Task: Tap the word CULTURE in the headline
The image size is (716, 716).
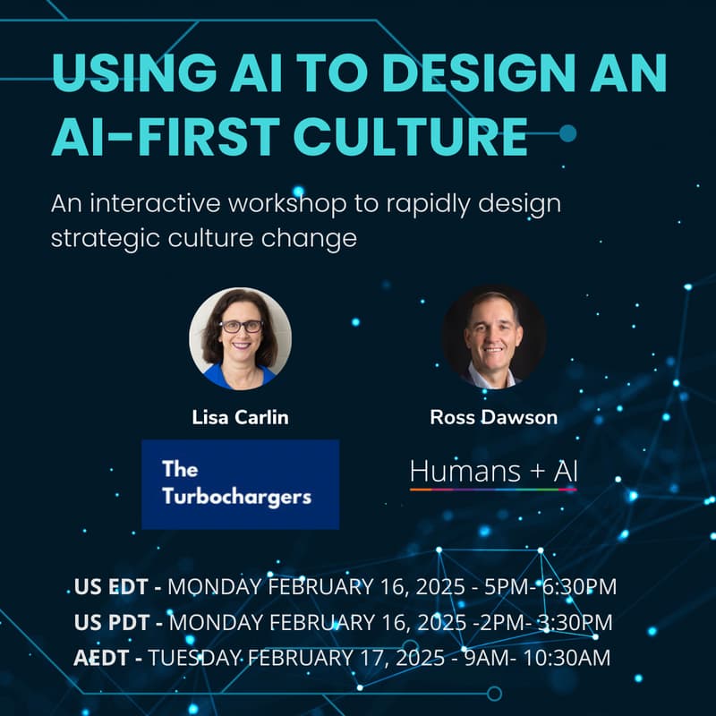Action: pyautogui.click(x=412, y=136)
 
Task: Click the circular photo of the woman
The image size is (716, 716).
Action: pyautogui.click(x=240, y=338)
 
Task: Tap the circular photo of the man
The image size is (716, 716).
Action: pyautogui.click(x=493, y=338)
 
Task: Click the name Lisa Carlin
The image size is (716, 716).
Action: pyautogui.click(x=240, y=418)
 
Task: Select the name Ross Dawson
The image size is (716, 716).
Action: pyautogui.click(x=493, y=418)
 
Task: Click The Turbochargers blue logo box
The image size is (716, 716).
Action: pyautogui.click(x=240, y=483)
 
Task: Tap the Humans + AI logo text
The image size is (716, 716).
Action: pyautogui.click(x=493, y=471)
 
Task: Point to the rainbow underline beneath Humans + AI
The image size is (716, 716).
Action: pyautogui.click(x=493, y=490)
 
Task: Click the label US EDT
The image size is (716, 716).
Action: pyautogui.click(x=117, y=588)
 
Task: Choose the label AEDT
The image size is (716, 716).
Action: pyautogui.click(x=107, y=658)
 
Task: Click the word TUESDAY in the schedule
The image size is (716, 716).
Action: pyautogui.click(x=195, y=658)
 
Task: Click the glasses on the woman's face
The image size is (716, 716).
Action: pyautogui.click(x=241, y=327)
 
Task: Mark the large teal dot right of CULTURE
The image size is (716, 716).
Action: pyautogui.click(x=567, y=134)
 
